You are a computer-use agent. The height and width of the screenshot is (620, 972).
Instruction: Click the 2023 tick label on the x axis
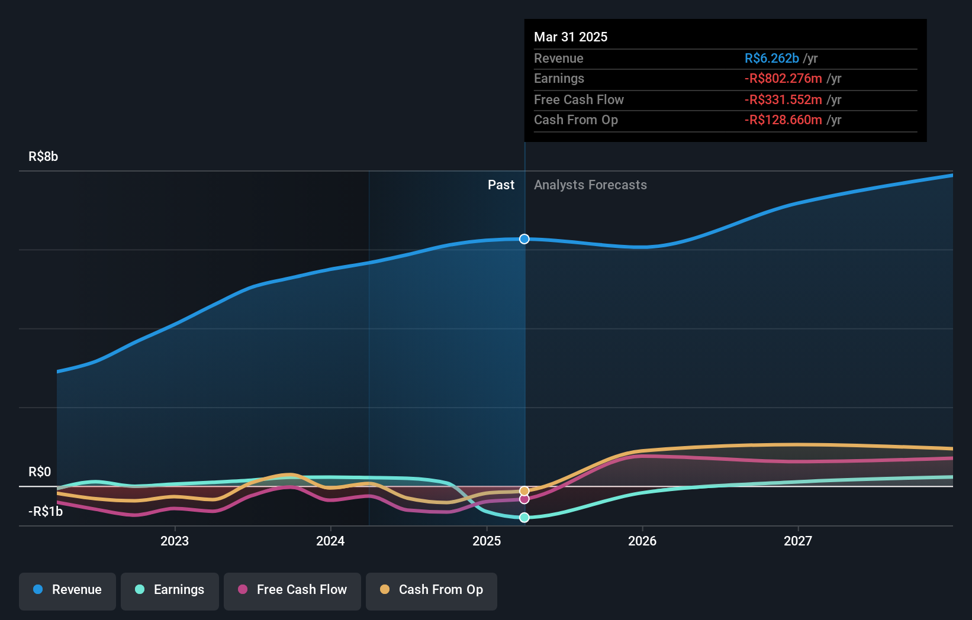coord(175,541)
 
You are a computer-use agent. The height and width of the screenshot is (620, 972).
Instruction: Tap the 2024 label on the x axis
coord(330,541)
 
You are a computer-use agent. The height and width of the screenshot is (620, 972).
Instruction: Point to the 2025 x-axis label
coord(487,541)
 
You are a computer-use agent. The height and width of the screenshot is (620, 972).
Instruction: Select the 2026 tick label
coord(642,541)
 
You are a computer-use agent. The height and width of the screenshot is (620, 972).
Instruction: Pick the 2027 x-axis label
coord(798,541)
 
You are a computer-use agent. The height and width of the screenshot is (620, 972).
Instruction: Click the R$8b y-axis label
coord(43,157)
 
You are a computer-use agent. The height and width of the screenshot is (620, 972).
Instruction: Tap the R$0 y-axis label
coord(40,472)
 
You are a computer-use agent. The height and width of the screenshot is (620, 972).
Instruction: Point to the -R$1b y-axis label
coord(46,512)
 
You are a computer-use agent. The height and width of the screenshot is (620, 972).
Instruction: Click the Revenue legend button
coord(67,590)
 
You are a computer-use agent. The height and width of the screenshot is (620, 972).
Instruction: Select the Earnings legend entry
coord(170,590)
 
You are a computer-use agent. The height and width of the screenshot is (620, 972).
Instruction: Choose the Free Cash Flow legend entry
coord(292,590)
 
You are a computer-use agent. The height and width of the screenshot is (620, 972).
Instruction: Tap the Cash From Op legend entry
coord(432,590)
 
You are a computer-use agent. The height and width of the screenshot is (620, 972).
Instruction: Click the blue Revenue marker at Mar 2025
coord(524,239)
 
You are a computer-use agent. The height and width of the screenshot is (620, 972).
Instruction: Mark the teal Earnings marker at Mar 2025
coord(524,518)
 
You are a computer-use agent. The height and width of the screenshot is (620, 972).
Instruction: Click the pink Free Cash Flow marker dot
coord(524,499)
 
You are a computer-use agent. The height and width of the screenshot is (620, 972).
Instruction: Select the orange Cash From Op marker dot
coord(524,491)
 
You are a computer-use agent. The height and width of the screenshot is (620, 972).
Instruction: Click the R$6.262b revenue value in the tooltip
coord(771,59)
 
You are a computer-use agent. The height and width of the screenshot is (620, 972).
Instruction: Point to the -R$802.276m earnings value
coord(783,79)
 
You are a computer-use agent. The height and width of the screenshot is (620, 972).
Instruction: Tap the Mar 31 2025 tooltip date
coord(571,37)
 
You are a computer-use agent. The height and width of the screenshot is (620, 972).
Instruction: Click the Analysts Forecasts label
coord(590,185)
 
